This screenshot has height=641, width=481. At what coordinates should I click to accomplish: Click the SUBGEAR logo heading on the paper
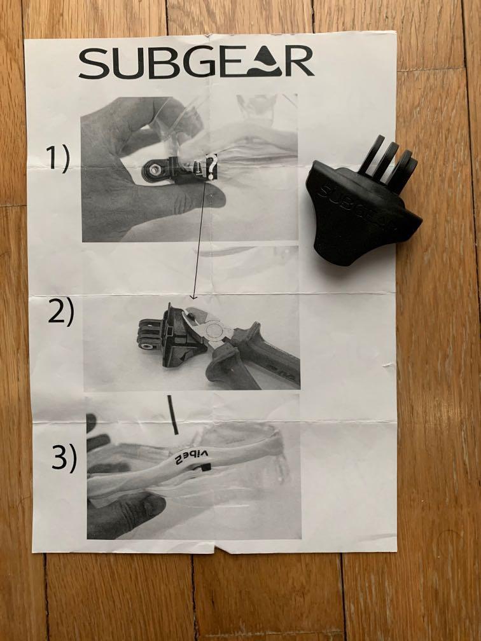[x=196, y=62]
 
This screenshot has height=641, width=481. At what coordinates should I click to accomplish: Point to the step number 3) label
[x=64, y=457]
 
